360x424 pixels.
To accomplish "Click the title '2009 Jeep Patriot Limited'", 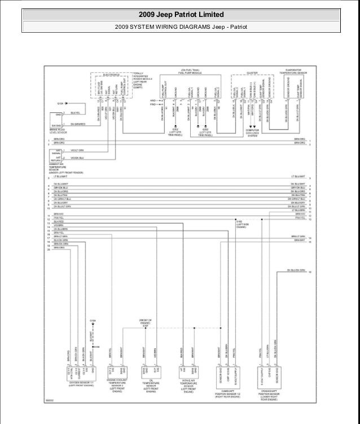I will click(180, 14).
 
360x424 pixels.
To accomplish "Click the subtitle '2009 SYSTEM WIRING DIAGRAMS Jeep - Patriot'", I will click(180, 27).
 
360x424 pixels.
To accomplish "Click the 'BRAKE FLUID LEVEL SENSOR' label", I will click(57, 131).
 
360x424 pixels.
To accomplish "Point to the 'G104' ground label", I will click(94, 321).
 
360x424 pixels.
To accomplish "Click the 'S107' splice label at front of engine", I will click(145, 325).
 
